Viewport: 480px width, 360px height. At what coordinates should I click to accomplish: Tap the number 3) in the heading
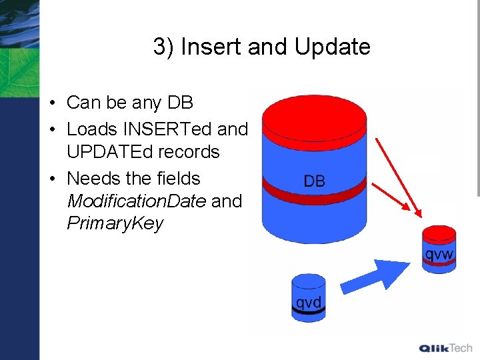coord(163,47)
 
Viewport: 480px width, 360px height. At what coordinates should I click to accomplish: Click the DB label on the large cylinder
coord(314,181)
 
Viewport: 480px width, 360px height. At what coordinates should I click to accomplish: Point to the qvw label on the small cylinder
coord(439,253)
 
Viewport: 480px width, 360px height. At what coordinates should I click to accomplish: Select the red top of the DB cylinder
coord(314,117)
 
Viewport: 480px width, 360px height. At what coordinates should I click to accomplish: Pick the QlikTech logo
coord(445,348)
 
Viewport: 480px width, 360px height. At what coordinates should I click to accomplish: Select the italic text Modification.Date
coord(136,201)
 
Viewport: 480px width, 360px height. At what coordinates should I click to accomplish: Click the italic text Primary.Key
coord(115,223)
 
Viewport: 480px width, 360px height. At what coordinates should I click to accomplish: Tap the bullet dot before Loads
coord(51,129)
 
